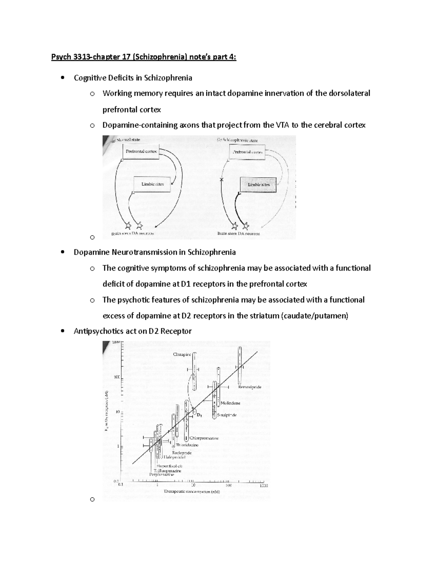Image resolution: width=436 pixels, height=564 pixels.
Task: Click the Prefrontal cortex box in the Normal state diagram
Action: [141, 151]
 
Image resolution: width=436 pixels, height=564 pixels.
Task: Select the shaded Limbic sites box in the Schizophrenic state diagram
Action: [258, 185]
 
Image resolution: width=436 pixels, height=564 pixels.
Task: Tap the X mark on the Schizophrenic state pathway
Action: [221, 180]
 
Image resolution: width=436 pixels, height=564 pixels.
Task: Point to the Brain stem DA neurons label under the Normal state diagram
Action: [133, 234]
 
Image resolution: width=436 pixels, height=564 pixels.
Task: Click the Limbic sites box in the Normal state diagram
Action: [153, 184]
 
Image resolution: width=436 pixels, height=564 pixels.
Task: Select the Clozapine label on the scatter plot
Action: [182, 354]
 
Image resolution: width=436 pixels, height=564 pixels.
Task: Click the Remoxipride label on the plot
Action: [250, 387]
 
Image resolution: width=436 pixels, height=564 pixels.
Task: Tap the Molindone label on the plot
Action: [230, 403]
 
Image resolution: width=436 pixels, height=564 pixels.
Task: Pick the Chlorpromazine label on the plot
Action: [204, 438]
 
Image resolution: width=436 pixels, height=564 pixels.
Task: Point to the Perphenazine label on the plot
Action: [162, 474]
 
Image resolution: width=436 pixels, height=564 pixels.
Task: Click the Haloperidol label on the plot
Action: [174, 457]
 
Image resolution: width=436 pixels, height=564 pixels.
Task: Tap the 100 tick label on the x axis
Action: [228, 485]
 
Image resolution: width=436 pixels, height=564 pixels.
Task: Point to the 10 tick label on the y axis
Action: [117, 412]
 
